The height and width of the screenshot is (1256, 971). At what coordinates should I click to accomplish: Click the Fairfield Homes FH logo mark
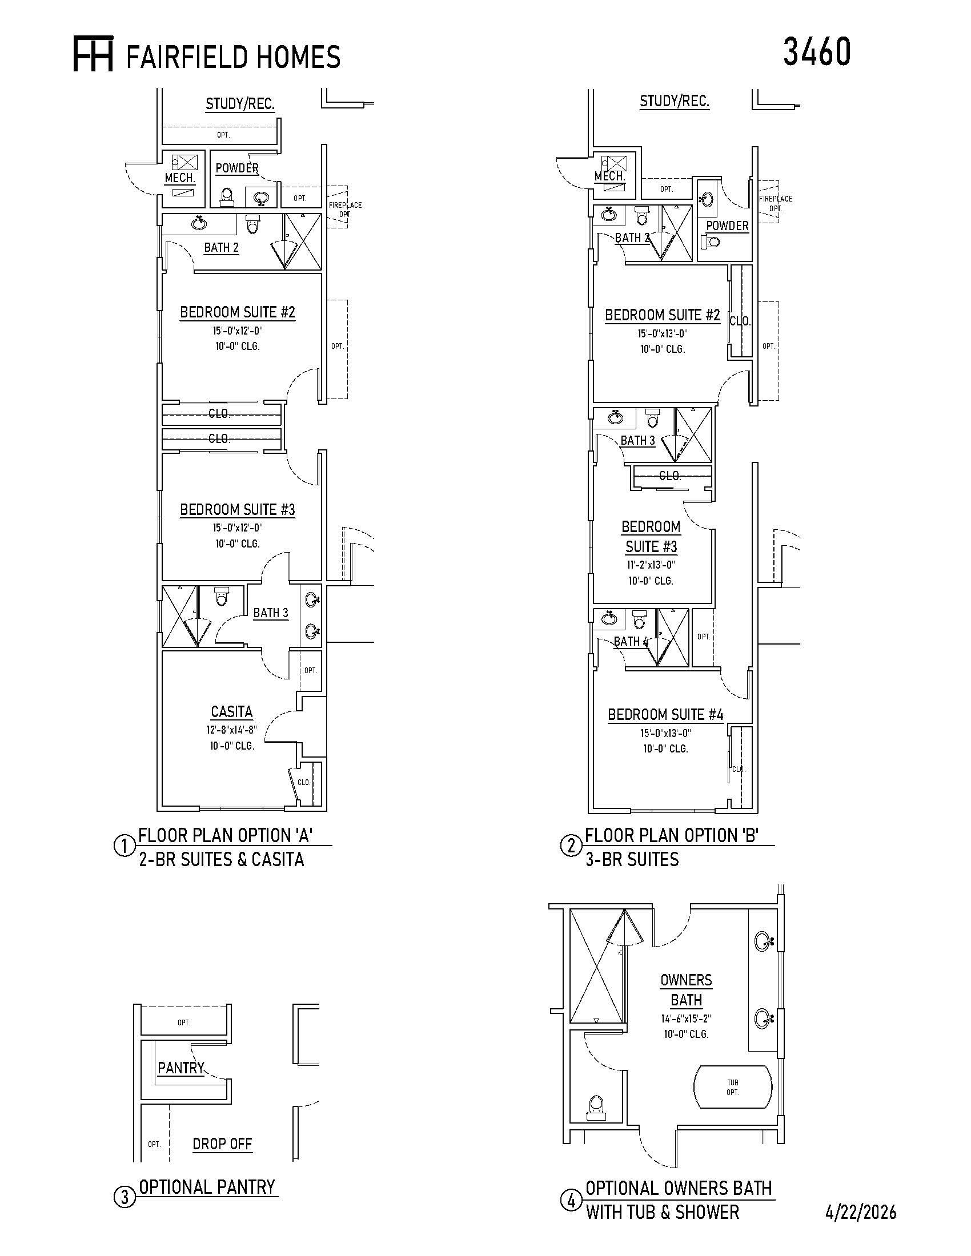tap(93, 54)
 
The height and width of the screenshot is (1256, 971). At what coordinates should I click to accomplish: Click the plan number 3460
tap(816, 52)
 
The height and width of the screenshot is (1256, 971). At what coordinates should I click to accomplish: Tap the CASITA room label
tap(232, 712)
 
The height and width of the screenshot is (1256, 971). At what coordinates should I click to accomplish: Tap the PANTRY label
tap(181, 1068)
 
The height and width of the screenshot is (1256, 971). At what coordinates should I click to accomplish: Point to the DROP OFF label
tap(223, 1144)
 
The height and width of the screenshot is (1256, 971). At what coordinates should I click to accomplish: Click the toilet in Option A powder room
tap(227, 197)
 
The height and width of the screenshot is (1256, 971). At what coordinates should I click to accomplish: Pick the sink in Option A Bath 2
tap(199, 222)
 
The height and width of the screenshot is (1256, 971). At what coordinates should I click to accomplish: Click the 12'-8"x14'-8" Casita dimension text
tap(232, 730)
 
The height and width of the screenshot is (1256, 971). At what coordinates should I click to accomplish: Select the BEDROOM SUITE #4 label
tap(665, 715)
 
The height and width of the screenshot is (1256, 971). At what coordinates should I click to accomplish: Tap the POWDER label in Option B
tap(727, 226)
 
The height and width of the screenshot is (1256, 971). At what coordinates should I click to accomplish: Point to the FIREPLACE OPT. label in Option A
tap(345, 210)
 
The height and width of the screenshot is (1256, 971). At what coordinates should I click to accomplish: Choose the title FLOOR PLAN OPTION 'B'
tap(672, 835)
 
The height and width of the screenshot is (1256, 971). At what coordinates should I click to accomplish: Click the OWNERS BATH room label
tap(686, 990)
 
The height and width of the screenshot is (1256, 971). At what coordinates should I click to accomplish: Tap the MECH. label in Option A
tap(180, 178)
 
